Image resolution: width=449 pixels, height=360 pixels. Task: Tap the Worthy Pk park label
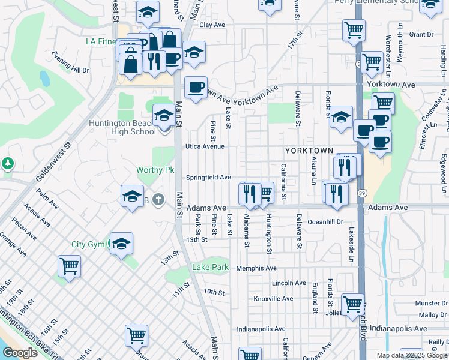[x=155, y=170]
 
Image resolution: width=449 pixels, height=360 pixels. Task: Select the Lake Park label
[x=211, y=267]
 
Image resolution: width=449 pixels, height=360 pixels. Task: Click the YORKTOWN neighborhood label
[x=309, y=150]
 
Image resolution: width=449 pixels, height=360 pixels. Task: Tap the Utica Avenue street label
[x=205, y=146]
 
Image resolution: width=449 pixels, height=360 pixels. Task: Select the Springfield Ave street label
[x=208, y=178]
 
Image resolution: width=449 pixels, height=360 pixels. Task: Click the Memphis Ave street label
[x=256, y=268]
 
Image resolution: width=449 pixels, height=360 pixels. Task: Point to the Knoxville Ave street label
[x=273, y=299]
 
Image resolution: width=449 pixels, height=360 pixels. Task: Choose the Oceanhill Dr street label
[x=325, y=221]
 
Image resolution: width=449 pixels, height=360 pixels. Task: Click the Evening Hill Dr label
[x=70, y=70]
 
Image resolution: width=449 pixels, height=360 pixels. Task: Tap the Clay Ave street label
[x=212, y=25]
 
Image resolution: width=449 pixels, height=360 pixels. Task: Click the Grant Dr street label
[x=421, y=35]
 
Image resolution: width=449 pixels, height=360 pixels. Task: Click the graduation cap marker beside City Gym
[x=121, y=244]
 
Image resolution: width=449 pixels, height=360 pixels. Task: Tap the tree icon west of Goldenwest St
[x=7, y=163]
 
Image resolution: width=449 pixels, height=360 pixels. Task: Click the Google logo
[x=20, y=353]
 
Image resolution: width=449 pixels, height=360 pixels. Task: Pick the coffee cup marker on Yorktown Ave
[x=196, y=88]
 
